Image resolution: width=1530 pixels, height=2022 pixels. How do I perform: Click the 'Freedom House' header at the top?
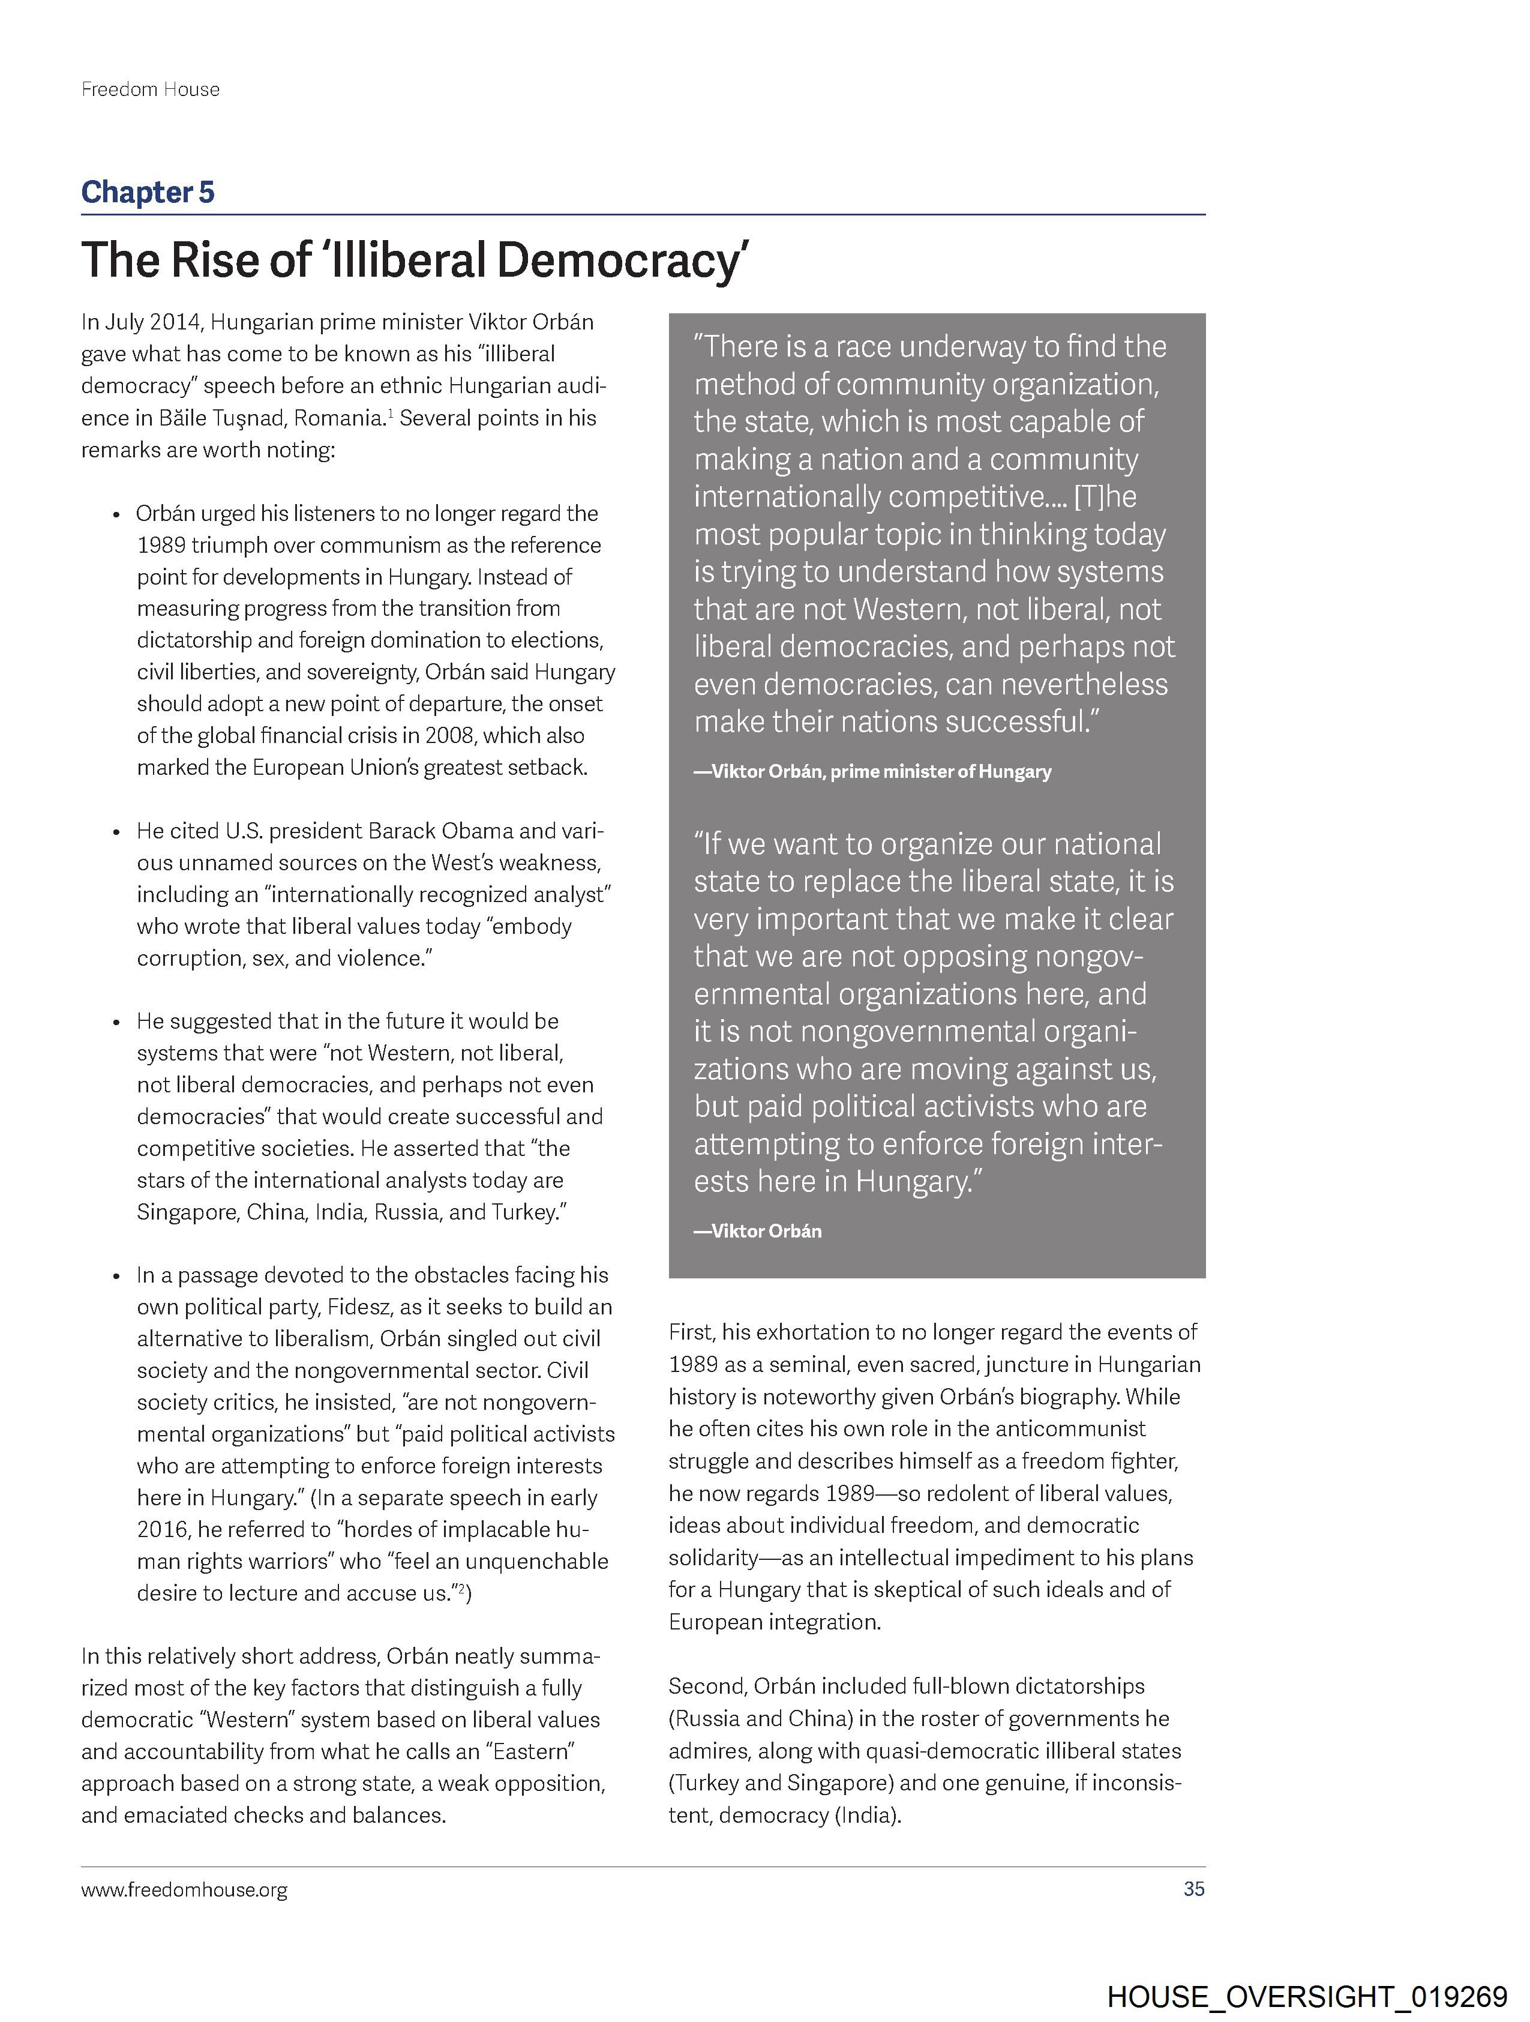click(150, 89)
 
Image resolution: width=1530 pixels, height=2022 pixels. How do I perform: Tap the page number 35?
click(1193, 1889)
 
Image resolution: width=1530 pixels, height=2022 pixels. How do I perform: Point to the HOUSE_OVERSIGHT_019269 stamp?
click(1306, 1998)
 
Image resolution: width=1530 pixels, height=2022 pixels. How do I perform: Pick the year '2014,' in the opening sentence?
click(178, 323)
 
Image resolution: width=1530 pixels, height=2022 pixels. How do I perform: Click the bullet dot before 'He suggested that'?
click(116, 1022)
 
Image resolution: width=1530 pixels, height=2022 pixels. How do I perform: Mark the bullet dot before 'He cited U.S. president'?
click(116, 832)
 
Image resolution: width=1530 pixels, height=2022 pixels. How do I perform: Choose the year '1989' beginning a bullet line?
click(161, 546)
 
